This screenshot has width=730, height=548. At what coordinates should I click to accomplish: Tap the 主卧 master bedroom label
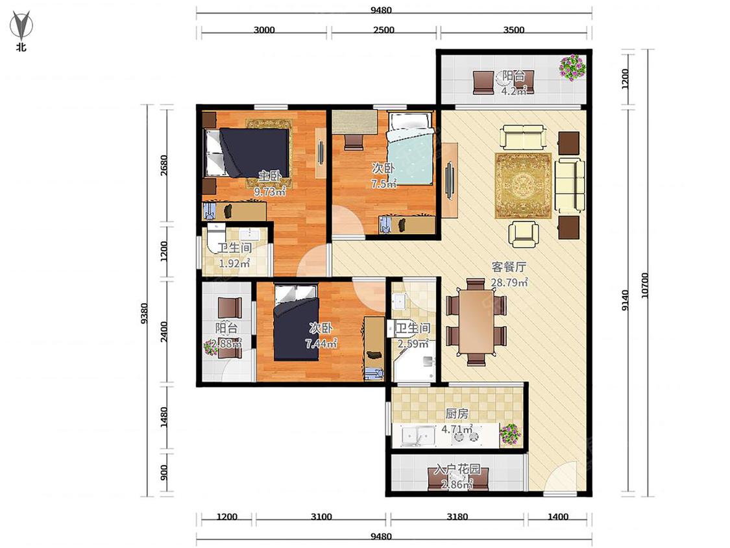coord(270,176)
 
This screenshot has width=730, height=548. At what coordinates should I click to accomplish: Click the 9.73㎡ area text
coord(269,191)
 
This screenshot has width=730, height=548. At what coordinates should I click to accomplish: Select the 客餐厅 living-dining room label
coord(509,267)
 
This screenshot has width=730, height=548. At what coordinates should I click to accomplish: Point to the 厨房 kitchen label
coord(457,414)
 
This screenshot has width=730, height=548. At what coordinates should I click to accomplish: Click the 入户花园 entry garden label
coord(457,469)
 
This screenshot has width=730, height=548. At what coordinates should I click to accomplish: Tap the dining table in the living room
coord(476,323)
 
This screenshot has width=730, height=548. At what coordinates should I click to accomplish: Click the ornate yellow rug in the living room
coord(523,186)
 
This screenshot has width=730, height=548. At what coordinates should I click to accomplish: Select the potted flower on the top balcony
coord(572,68)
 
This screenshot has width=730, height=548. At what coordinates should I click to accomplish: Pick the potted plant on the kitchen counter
coord(510,434)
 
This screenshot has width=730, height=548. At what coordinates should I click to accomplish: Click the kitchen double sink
coord(418,436)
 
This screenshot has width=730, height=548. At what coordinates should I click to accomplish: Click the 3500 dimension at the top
coord(514,30)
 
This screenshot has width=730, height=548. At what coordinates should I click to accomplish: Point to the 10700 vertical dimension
coord(644,286)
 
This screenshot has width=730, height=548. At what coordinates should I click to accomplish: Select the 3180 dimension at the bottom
coord(457,516)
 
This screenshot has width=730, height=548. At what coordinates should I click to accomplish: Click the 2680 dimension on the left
coord(164,166)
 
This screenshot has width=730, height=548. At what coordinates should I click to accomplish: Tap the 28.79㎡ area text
coord(509,282)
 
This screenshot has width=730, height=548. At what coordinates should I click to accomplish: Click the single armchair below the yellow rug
coord(523,234)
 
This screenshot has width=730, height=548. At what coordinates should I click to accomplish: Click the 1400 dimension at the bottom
coord(558,516)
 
